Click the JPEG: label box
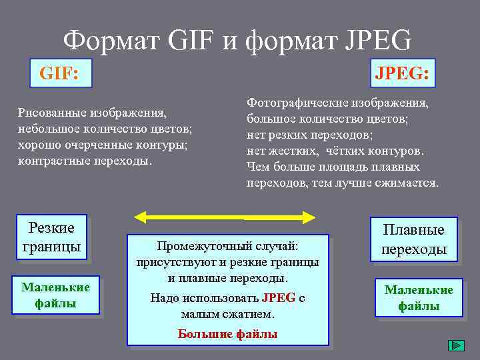coord(401,72)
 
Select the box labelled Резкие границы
coord(51,237)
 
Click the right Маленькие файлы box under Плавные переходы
coord(419,297)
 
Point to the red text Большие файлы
coord(227,334)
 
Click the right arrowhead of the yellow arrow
coord(309,217)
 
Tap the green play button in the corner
coord(456,346)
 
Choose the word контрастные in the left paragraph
coord(50,161)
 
